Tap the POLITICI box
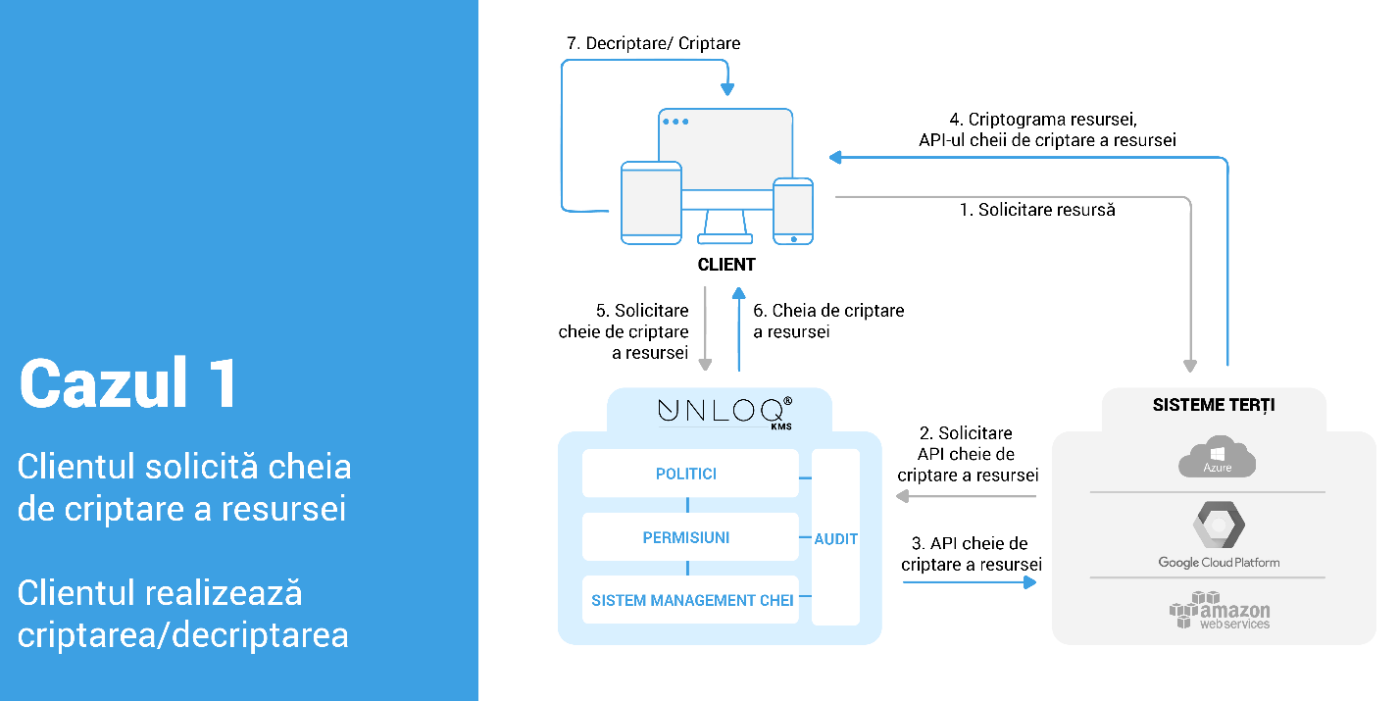pos(686,474)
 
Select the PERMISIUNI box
pos(686,537)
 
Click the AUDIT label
pos(836,538)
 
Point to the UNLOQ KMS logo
pos(725,410)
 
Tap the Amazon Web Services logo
pos(1219,610)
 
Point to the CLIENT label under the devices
pos(726,265)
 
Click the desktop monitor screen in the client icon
pos(725,147)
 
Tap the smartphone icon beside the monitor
pos(792,210)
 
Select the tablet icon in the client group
pos(651,203)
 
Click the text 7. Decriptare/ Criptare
pos(654,44)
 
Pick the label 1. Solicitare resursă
pos(1036,210)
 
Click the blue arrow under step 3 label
pos(970,582)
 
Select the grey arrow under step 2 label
pos(968,497)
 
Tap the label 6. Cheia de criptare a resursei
pos(828,321)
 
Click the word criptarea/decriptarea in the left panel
pos(183,635)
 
